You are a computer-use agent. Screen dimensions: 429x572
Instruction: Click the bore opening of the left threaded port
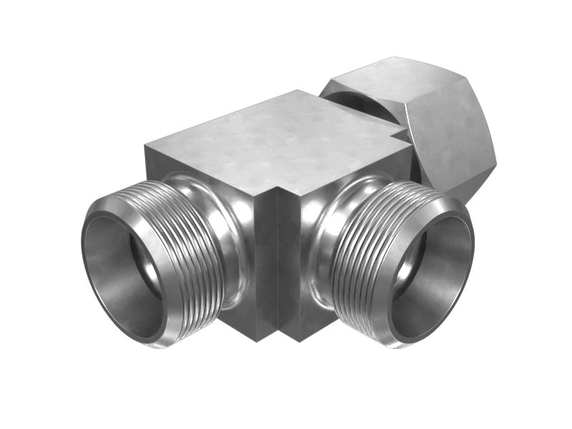click(x=122, y=275)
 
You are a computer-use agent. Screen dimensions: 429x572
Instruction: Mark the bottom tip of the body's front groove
click(x=277, y=342)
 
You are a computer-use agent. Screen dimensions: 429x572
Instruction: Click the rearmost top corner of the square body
click(x=299, y=91)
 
